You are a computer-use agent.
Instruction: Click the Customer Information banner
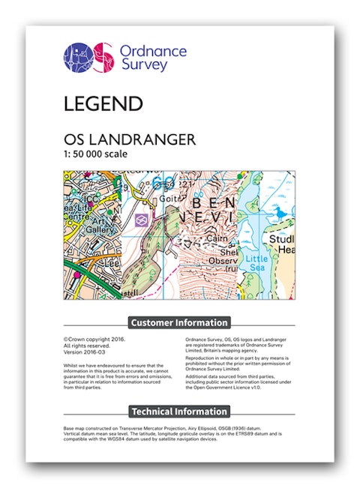(179, 322)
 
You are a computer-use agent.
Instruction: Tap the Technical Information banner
(179, 411)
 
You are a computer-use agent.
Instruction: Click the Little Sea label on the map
(256, 262)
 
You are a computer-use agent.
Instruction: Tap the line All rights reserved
(86, 345)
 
